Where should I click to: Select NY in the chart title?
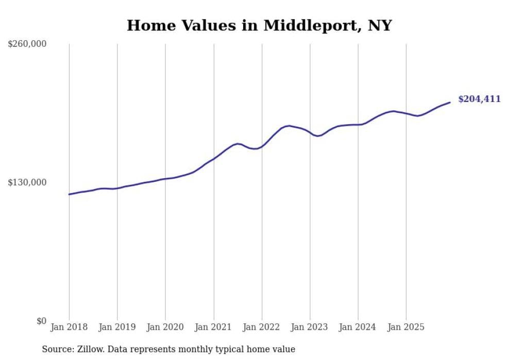[x=380, y=25]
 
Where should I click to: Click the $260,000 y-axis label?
[x=27, y=44]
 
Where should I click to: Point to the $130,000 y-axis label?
[x=27, y=182]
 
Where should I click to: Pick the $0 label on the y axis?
[x=41, y=321]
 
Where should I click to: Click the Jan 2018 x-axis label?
[x=69, y=327]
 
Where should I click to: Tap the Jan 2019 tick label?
[x=117, y=327]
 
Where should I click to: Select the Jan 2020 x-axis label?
[x=165, y=327]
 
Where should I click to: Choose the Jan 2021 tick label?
[x=213, y=327]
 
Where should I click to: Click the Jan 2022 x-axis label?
[x=262, y=327]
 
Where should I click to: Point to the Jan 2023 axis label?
[x=310, y=327]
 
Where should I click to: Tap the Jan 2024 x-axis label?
[x=358, y=327]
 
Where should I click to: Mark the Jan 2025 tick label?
[x=406, y=327]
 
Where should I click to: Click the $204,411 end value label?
[x=479, y=99]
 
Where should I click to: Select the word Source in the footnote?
[x=57, y=350]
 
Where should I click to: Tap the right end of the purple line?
[x=450, y=102]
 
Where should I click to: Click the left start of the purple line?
[x=69, y=194]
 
